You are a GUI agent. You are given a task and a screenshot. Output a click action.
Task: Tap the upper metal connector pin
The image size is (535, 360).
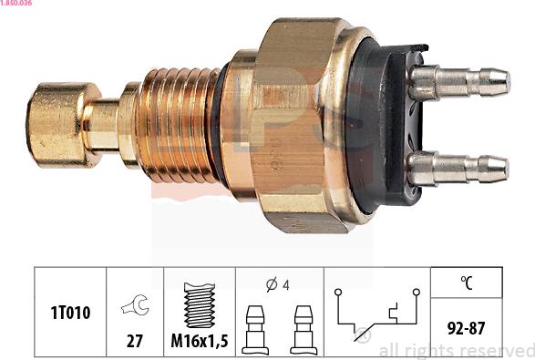coord(460,82)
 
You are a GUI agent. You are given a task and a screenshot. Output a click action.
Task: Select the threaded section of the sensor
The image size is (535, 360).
coord(178,124)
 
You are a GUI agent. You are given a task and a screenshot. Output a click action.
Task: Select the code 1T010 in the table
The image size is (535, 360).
coord(70,313)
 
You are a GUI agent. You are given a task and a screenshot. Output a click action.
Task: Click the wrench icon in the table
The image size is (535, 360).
coord(135,306)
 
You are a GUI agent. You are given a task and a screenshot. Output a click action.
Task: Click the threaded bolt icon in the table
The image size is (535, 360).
coord(200,303)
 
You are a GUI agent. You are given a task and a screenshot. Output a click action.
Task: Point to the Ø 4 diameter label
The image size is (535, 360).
coord(279,284)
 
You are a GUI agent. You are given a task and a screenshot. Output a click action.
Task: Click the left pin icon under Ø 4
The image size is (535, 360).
coord(256,328)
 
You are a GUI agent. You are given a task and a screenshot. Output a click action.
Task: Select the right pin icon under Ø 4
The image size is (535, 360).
coord(304,328)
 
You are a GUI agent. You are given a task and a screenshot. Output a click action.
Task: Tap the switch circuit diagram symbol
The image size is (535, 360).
coord(376,314)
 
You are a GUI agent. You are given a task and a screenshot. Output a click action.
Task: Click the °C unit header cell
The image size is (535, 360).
coord(466,283)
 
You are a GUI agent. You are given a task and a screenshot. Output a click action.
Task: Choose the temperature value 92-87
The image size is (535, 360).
coord(466,326)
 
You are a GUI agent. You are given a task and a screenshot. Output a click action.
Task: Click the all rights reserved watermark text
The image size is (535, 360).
coord(455,350)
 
